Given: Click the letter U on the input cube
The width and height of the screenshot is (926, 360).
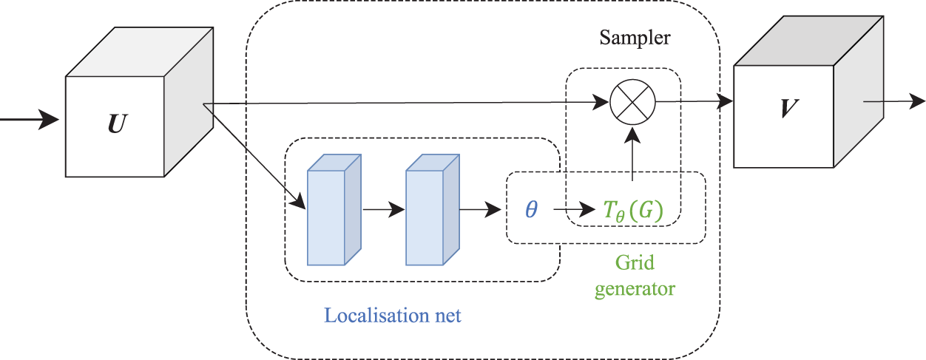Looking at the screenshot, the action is tap(118, 123).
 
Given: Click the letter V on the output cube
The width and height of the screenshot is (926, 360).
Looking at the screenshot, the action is tap(790, 108).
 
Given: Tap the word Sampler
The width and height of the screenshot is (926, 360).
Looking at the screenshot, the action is tap(635, 38).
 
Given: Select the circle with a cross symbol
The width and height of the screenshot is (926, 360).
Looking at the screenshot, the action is tap(632, 102).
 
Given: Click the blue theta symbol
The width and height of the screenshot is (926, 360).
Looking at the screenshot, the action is tap(531, 209).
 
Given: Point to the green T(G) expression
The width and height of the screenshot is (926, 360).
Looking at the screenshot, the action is tap(633, 211).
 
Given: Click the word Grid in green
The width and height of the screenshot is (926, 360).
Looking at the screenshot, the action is tap(635, 262).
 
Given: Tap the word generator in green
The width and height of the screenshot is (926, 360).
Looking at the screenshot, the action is tap(635, 288).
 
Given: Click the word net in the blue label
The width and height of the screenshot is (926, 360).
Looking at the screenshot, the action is tap(448, 316).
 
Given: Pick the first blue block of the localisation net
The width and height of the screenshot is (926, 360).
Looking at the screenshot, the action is tap(334, 209).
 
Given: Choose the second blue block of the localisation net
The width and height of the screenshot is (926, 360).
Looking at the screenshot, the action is tap(433, 209).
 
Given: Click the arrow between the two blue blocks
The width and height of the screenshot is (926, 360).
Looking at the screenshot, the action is tap(384, 209).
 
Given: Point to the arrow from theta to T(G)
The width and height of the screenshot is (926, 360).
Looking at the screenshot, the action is tap(575, 209).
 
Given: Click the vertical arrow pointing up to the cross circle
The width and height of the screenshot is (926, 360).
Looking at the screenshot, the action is tap(632, 154).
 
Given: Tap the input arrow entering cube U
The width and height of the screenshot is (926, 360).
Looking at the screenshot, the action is tap(29, 120).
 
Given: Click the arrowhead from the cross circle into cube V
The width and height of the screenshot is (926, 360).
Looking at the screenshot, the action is tap(724, 101).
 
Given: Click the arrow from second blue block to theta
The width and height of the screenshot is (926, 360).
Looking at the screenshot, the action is tap(480, 209).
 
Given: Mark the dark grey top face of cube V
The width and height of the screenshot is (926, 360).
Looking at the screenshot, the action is tap(808, 41).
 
